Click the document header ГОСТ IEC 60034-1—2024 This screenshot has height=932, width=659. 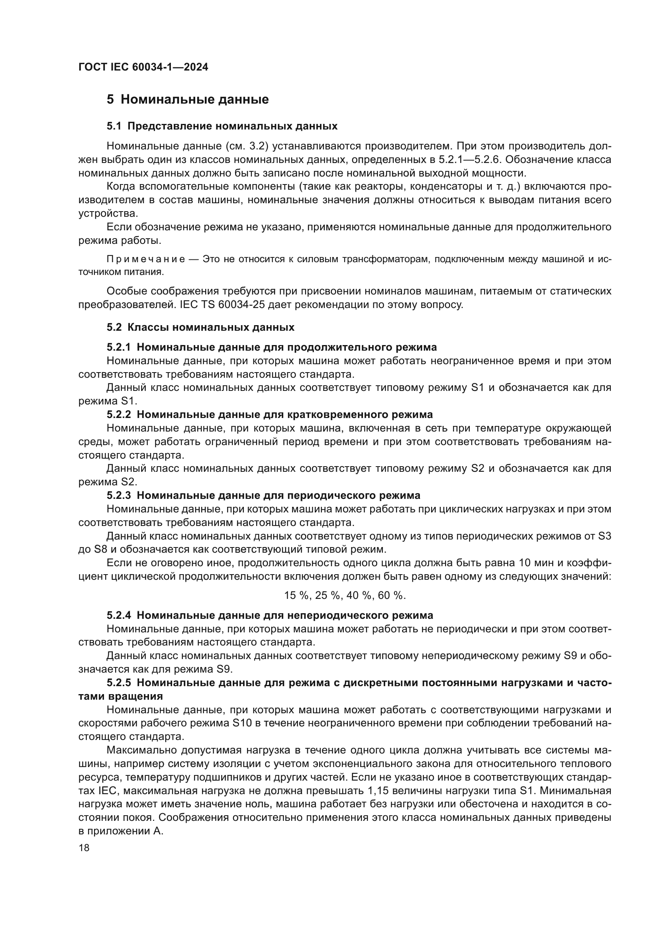click(x=143, y=67)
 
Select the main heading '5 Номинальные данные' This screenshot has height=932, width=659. click(x=188, y=100)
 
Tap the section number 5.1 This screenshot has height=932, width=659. click(x=114, y=126)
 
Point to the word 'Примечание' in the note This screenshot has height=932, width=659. click(x=146, y=259)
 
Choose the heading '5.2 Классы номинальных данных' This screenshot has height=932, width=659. click(x=200, y=327)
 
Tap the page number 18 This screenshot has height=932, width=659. click(x=84, y=848)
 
